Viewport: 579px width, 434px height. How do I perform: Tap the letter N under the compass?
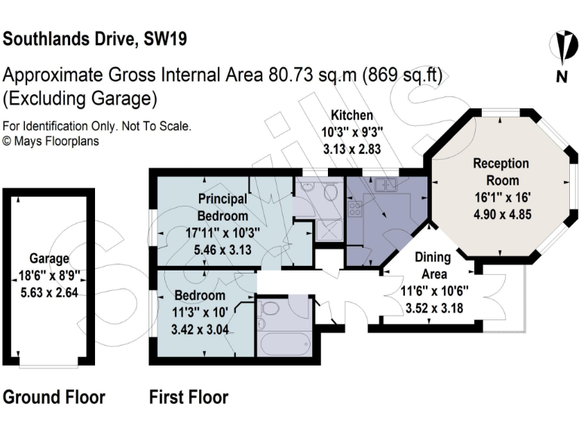point(560,76)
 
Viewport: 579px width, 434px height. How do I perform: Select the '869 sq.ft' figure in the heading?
point(403,75)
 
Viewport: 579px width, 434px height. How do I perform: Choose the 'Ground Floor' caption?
point(54,396)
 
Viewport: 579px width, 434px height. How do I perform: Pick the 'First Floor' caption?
point(188,396)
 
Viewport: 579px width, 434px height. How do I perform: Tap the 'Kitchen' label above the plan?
point(352,116)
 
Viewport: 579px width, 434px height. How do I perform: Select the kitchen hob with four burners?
point(354,208)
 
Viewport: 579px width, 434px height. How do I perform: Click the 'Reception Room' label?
point(501,172)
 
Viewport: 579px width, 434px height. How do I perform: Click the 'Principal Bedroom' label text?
point(222,207)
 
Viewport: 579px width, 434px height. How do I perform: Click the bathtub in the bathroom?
point(283,344)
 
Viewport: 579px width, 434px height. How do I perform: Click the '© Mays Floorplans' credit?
point(51,140)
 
